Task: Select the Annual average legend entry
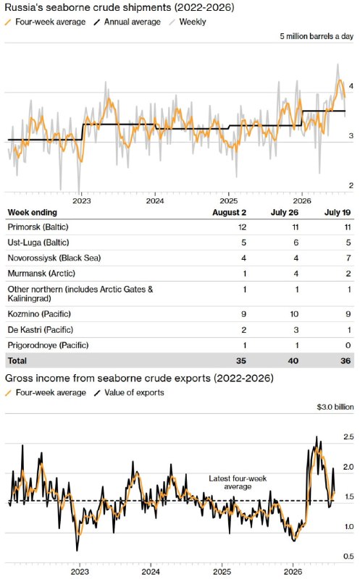point(127,22)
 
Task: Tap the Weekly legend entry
point(188,22)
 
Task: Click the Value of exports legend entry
point(129,392)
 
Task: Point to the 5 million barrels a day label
point(317,36)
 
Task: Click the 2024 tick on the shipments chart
point(155,201)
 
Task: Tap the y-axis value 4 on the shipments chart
point(351,86)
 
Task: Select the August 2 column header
point(229,212)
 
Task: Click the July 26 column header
point(284,212)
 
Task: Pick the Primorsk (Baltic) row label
point(38,227)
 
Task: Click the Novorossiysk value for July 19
point(348,258)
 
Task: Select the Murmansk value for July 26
point(296,274)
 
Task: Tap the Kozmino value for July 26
point(294,314)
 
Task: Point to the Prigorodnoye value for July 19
point(348,345)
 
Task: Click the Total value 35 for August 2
point(241,360)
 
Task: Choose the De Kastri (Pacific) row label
point(41,330)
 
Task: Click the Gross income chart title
point(139,378)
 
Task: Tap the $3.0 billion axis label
point(335,407)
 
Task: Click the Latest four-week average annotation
point(238,483)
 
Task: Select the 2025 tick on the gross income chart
point(222,572)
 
